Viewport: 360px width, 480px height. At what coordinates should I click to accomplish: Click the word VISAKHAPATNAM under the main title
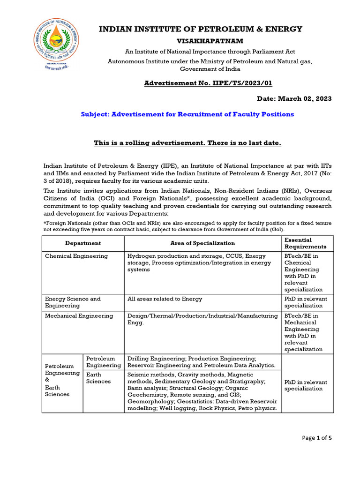pyautogui.click(x=200, y=42)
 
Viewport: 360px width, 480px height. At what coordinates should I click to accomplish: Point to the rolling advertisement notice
pyautogui.click(x=187, y=142)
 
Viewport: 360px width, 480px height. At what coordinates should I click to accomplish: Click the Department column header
pyautogui.click(x=83, y=243)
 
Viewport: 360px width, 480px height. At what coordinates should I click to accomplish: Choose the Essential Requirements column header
pyautogui.click(x=306, y=243)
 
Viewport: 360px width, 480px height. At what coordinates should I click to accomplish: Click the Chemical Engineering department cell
pyautogui.click(x=76, y=256)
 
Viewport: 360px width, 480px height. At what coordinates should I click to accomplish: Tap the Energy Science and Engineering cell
pyautogui.click(x=73, y=302)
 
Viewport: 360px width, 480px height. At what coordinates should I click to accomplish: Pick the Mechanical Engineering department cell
pyautogui.click(x=79, y=316)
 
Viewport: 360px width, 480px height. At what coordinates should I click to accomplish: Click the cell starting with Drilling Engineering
pyautogui.click(x=202, y=361)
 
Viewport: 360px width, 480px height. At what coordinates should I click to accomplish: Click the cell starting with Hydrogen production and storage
pyautogui.click(x=199, y=262)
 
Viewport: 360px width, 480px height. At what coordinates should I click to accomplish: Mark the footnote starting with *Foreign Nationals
pyautogui.click(x=187, y=226)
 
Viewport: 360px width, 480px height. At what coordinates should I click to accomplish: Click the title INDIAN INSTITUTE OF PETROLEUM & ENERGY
pyautogui.click(x=200, y=29)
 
